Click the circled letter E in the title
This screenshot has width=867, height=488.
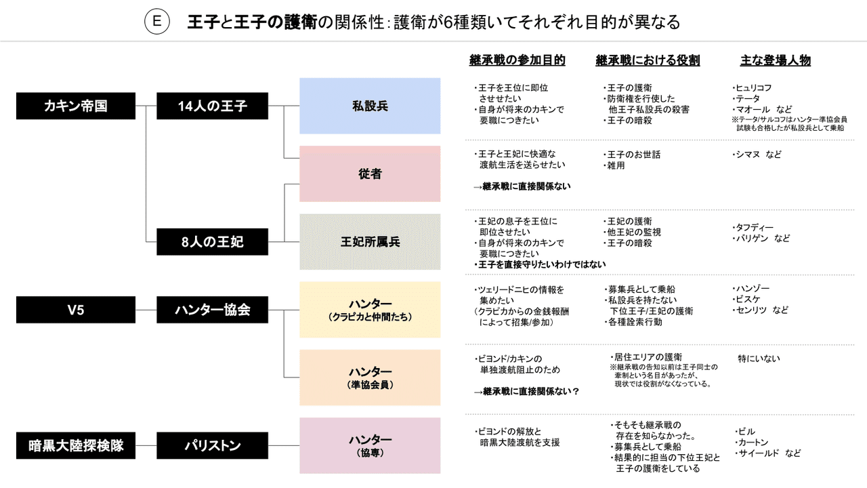[x=156, y=22]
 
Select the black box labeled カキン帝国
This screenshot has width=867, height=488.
[x=75, y=106]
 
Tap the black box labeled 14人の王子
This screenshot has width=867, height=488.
[x=212, y=106]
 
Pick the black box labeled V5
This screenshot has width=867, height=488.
[x=75, y=310]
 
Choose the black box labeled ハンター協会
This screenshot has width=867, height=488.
[x=212, y=310]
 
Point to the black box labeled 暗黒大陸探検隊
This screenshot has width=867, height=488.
[x=75, y=445]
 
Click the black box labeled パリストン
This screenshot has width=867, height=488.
[x=212, y=445]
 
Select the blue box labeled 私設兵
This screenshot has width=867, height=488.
[x=370, y=106]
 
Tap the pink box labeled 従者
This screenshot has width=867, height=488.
[x=370, y=174]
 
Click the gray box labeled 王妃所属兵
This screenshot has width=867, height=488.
[x=370, y=242]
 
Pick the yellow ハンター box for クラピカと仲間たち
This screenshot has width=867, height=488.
[x=370, y=310]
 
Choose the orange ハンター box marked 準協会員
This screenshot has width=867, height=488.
[x=370, y=378]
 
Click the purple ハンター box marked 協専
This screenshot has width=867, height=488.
[x=370, y=445]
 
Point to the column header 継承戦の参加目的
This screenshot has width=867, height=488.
[x=517, y=60]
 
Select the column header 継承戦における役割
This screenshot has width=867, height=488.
[x=648, y=60]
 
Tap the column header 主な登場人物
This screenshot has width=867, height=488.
[x=775, y=60]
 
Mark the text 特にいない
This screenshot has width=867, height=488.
[x=759, y=358]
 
